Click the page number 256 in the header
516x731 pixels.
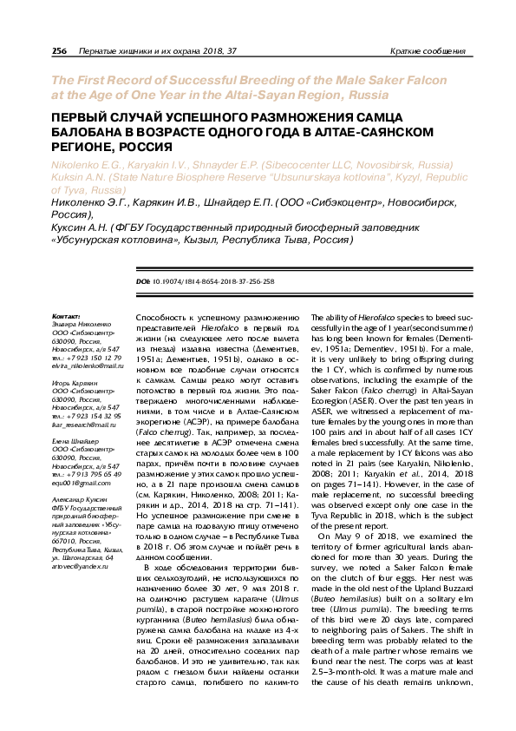[x=60, y=52]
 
